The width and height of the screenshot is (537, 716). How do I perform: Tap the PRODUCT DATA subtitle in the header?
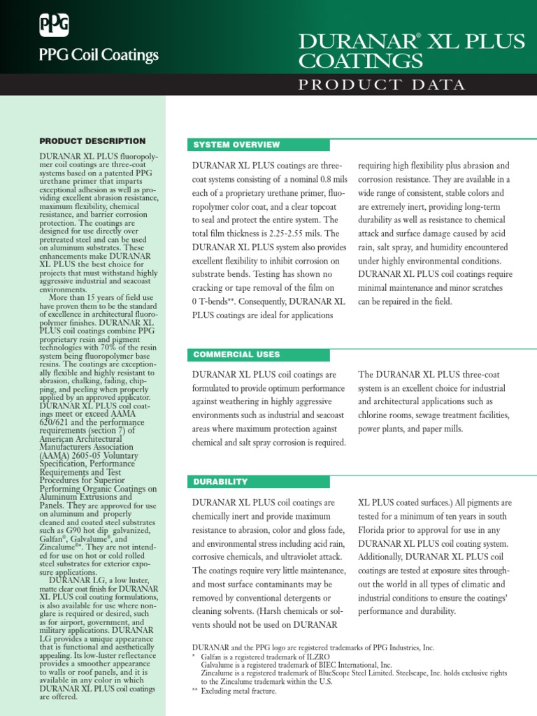382,85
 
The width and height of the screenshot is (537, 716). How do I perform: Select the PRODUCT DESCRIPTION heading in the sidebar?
92,141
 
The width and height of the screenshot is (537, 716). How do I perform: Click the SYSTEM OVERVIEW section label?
236,145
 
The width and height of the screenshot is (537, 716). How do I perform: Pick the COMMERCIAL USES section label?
236,355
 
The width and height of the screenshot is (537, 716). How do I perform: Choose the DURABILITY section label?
220,482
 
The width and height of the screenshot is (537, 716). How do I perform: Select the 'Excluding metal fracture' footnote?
238,690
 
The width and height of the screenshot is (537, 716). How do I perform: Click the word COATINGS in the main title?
361,62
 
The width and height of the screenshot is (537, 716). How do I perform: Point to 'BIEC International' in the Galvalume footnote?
343,665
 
